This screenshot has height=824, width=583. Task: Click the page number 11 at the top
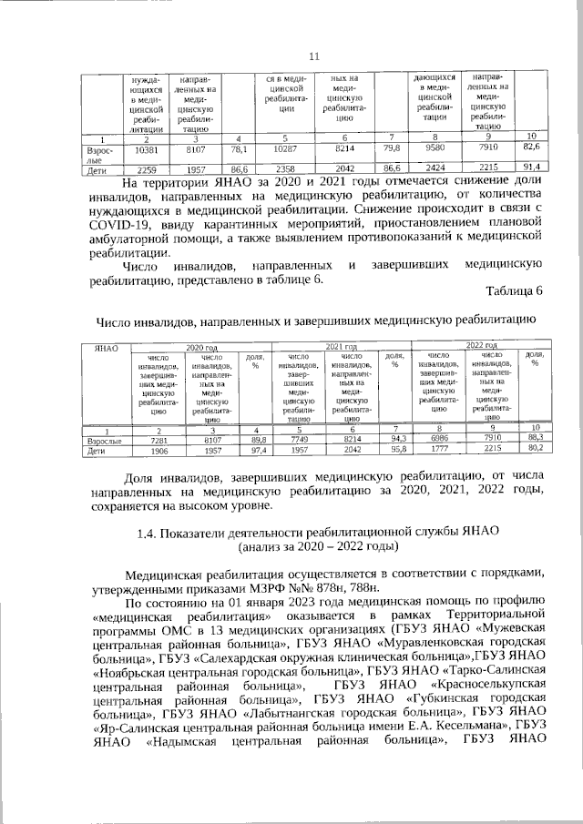point(314,56)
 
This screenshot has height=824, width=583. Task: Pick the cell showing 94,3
point(395,439)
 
